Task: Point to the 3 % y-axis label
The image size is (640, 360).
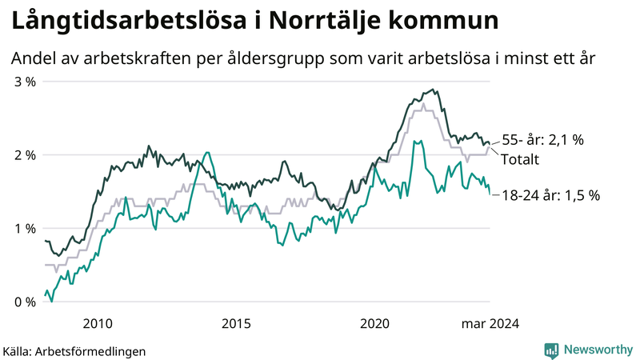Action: [x=24, y=82]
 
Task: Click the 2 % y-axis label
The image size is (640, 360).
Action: [x=24, y=155]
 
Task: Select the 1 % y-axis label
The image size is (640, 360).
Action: [x=24, y=229]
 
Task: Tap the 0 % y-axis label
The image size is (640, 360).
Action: [x=24, y=302]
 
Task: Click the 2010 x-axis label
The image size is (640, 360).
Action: [x=98, y=324]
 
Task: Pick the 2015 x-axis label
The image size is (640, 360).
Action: [x=236, y=324]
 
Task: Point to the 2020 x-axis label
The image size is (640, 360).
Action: [x=374, y=324]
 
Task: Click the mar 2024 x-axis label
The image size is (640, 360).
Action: [x=490, y=324]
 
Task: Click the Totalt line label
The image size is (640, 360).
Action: [x=520, y=159]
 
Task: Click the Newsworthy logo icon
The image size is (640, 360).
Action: [x=551, y=350]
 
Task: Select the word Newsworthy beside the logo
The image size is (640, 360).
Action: [x=598, y=350]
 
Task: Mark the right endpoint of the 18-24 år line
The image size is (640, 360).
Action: [x=490, y=193]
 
